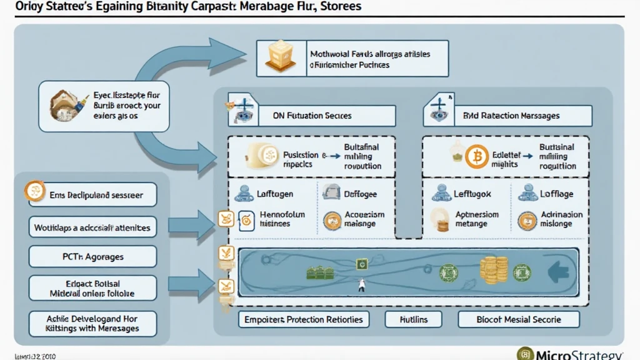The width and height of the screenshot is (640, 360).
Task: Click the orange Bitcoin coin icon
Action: point(477,157)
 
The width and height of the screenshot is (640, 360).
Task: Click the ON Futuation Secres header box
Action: point(311,116)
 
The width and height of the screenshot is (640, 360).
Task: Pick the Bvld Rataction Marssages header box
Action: point(507,116)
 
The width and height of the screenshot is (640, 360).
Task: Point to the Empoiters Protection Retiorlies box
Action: point(304,319)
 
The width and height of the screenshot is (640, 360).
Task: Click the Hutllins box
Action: point(414,319)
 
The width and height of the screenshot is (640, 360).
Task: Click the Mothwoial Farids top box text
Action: point(369,59)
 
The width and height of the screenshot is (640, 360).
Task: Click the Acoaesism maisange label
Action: point(363,219)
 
